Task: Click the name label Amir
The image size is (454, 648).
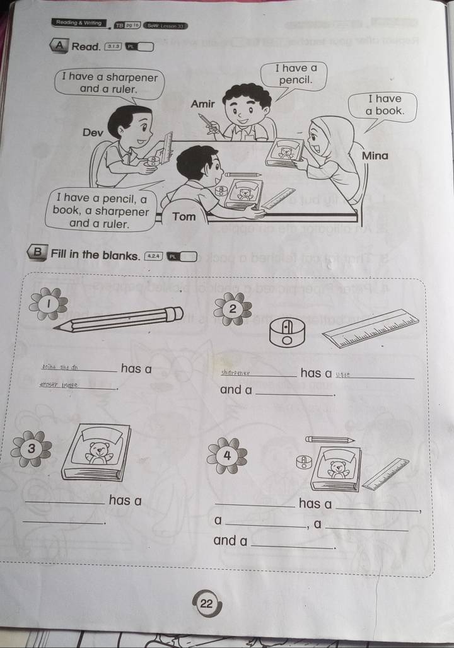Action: (x=202, y=103)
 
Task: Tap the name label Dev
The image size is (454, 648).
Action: (x=93, y=134)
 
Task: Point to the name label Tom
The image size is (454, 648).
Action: (x=184, y=217)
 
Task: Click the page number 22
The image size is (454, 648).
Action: (x=206, y=603)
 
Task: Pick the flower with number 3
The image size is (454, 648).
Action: (x=30, y=448)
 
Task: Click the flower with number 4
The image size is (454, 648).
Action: (x=228, y=455)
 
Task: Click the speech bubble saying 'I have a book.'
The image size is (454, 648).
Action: (x=385, y=105)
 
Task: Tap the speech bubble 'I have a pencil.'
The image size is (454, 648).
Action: (x=295, y=74)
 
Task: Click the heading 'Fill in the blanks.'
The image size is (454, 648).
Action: (x=95, y=255)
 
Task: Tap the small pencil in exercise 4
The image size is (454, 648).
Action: (x=330, y=439)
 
